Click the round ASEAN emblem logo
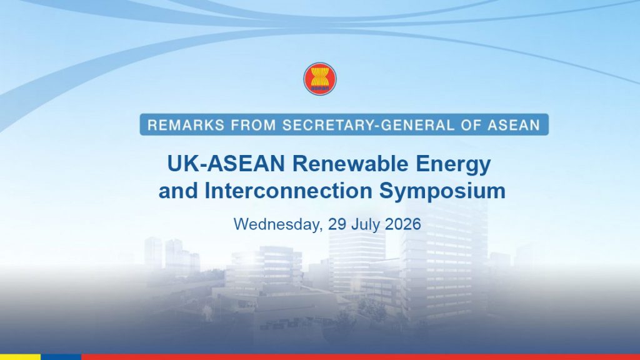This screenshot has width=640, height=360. point(320,79)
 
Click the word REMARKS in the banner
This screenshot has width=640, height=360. point(186,125)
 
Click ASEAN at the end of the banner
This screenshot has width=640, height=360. point(514,125)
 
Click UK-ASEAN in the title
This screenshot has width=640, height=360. point(226,164)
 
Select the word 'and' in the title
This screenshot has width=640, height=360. point(178,191)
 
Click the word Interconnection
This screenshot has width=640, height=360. point(288,191)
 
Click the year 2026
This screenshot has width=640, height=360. point(403,224)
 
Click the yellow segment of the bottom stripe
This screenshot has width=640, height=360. point(21,357)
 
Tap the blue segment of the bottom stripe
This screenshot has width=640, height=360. point(61,357)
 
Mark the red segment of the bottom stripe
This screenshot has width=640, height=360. point(361,357)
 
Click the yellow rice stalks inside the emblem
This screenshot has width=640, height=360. point(320,76)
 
